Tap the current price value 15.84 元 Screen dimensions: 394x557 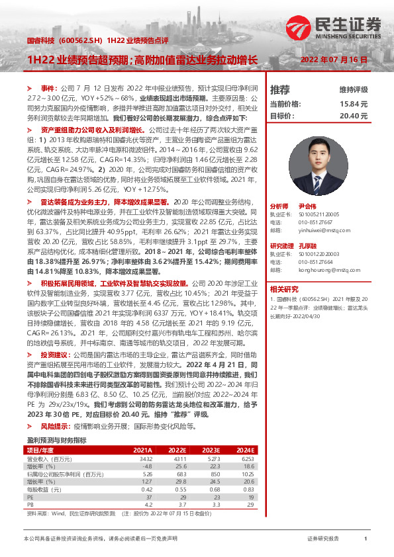click(x=354, y=104)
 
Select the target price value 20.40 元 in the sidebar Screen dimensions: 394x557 click(x=354, y=115)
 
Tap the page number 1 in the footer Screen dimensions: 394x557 click(x=365, y=540)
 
